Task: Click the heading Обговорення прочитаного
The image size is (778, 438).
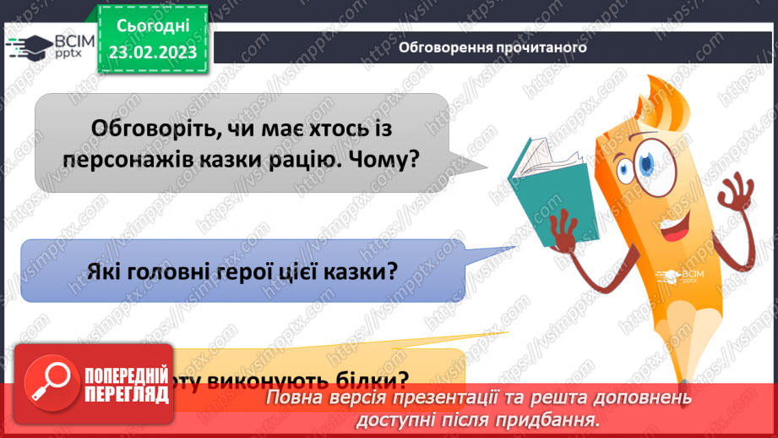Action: tap(492, 48)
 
